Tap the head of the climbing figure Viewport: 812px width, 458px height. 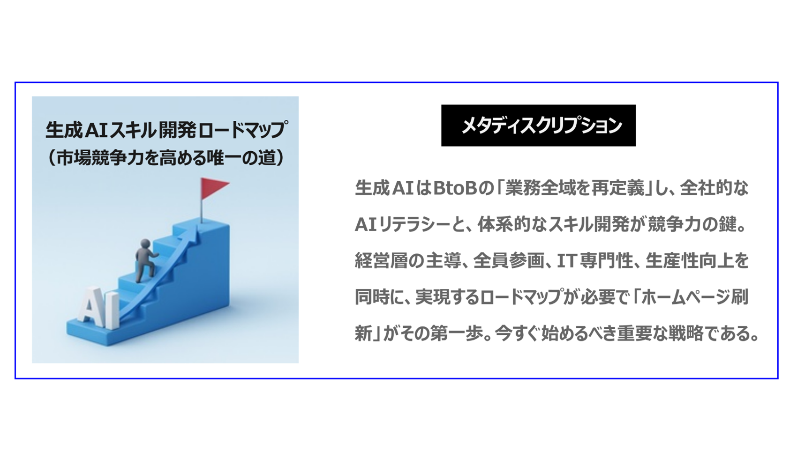pos(146,244)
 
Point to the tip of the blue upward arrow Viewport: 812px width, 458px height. pos(195,228)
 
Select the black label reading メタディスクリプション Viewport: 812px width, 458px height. pos(538,126)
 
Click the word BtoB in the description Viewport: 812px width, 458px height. pos(454,188)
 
